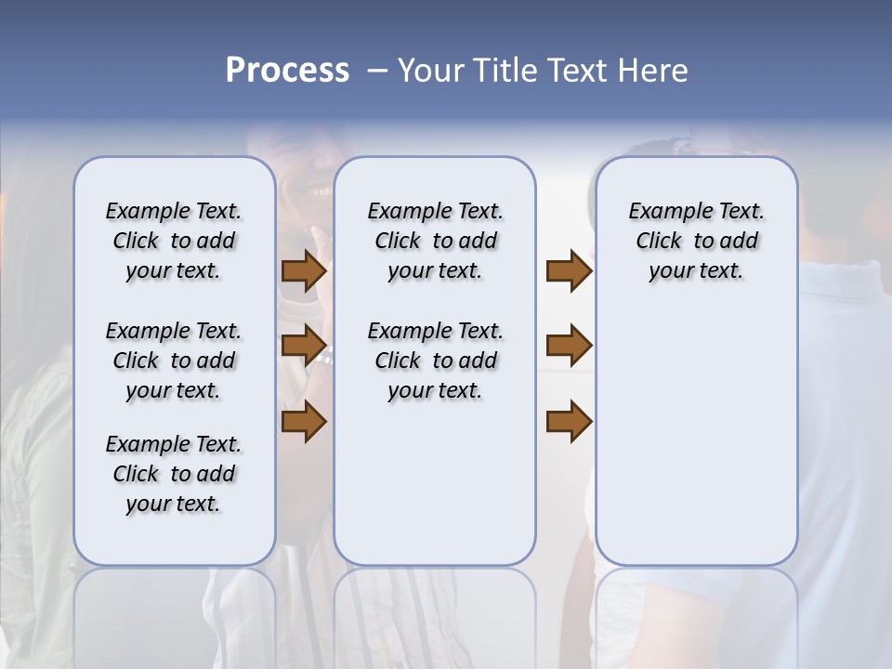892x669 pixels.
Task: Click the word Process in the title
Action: [287, 71]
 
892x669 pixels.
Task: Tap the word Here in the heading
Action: [653, 71]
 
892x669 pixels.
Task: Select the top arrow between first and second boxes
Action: [304, 271]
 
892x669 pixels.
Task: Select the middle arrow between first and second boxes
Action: [304, 346]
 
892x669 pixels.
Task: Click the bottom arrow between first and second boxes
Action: [304, 421]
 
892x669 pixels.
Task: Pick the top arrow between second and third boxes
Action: [569, 271]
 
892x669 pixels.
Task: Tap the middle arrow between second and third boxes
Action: [569, 346]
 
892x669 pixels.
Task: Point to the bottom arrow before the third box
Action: [569, 421]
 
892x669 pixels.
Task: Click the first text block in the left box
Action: [174, 241]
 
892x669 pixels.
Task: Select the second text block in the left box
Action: [174, 361]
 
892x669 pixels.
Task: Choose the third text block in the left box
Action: [174, 474]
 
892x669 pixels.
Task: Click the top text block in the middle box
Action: [435, 241]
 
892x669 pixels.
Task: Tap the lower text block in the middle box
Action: [435, 361]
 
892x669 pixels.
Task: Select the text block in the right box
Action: [696, 241]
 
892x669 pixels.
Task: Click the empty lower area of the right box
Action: [696, 437]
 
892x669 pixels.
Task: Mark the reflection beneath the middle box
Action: [435, 613]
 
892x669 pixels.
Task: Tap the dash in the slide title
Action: [377, 72]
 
